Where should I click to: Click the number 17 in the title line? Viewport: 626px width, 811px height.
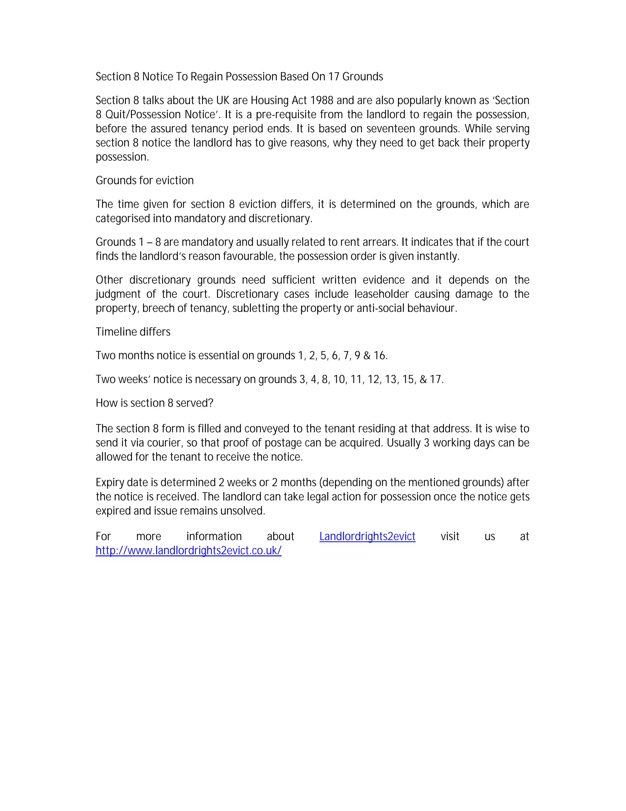333,77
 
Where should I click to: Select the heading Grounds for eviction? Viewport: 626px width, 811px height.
145,181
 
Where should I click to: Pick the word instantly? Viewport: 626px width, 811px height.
440,256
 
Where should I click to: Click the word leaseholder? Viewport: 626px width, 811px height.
381,294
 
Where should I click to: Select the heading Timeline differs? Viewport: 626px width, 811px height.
133,332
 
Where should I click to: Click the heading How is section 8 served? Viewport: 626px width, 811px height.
154,403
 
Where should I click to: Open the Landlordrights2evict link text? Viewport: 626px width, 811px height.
367,536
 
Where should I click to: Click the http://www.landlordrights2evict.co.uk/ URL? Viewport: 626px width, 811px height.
188,551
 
